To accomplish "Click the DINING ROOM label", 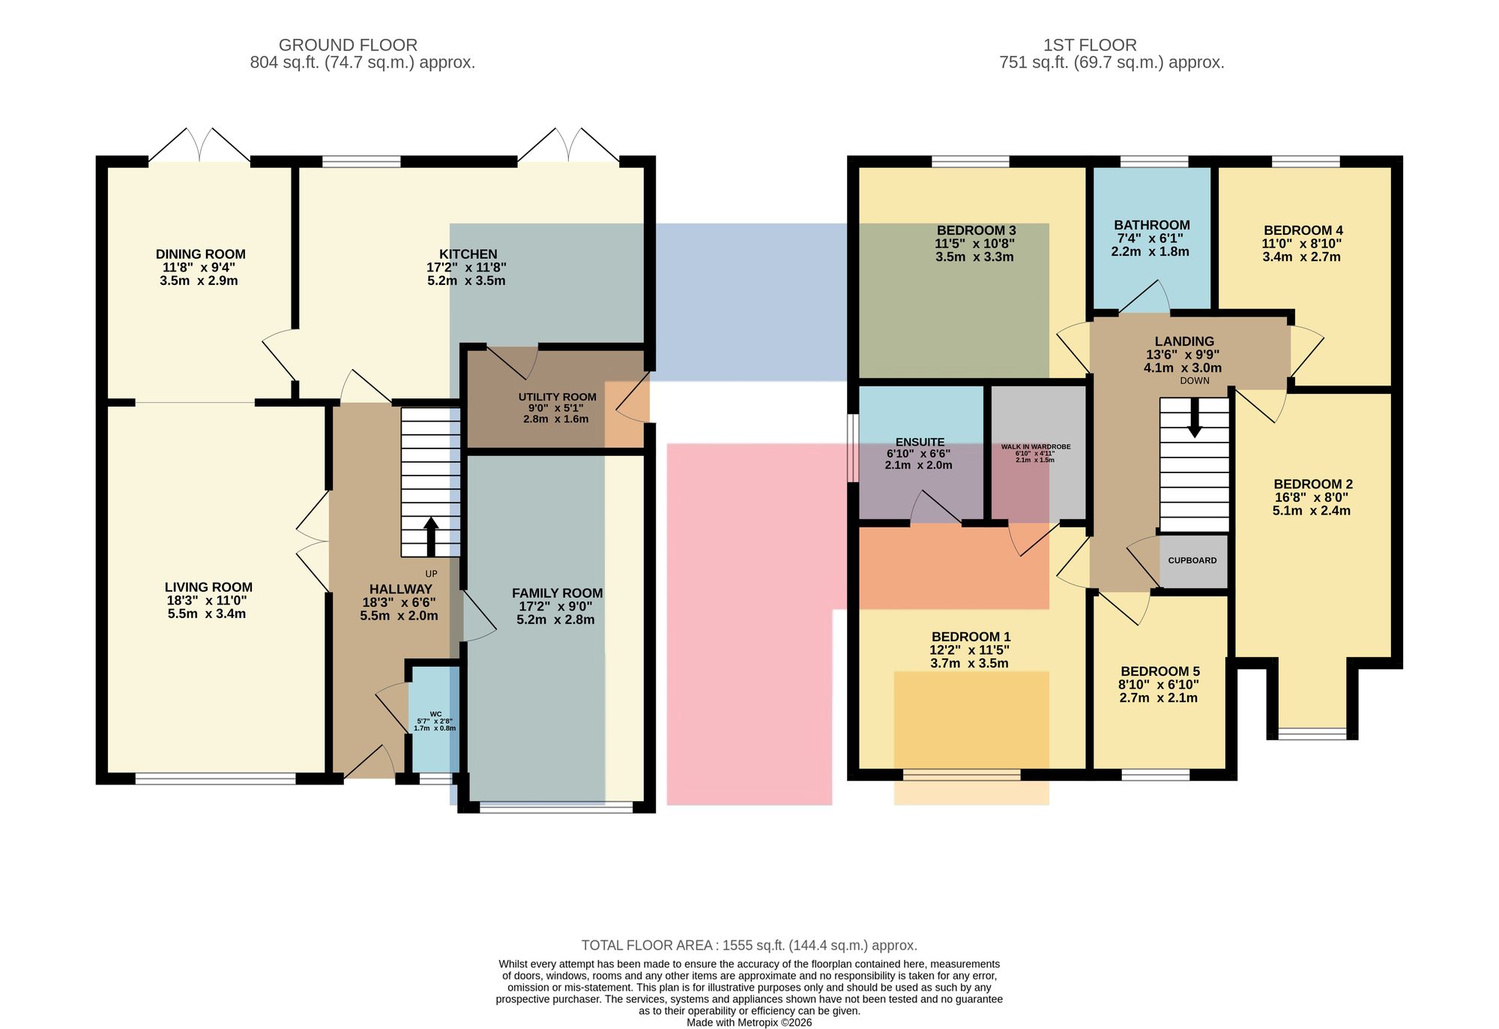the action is point(200,254).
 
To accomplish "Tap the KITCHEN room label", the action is point(468,254).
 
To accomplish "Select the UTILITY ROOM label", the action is point(557,397).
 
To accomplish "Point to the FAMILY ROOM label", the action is point(557,593).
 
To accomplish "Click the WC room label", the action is point(435,714).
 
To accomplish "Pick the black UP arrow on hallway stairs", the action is point(431,536).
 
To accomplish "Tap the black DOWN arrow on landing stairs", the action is point(1195,418).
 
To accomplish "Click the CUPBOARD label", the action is point(1192,560).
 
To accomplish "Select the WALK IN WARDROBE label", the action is point(1036,447).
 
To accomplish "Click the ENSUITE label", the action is point(920,442).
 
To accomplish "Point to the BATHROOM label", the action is point(1151,225).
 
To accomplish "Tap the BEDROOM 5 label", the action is point(1159,671).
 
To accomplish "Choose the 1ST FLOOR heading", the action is point(1090,45).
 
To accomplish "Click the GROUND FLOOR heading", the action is point(348,45).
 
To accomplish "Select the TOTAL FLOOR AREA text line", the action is point(749,946).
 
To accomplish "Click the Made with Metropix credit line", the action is point(749,1022).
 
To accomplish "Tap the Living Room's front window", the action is point(216,779).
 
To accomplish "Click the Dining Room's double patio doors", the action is point(199,145).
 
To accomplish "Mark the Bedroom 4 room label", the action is point(1303,230).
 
